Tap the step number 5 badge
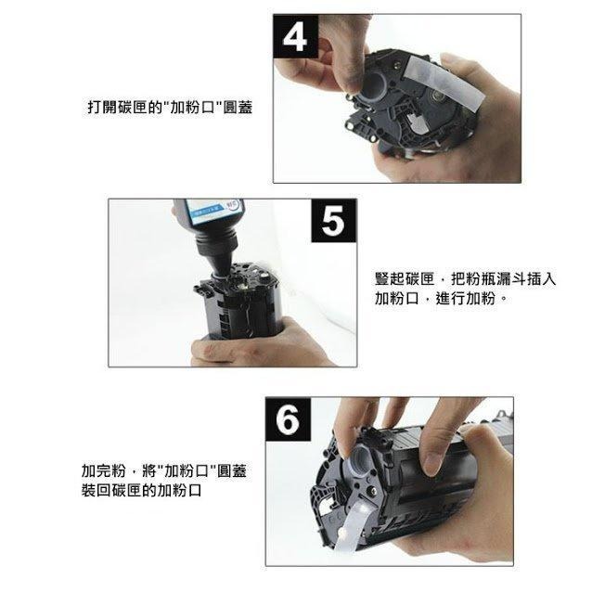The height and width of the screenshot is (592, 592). pyautogui.click(x=332, y=224)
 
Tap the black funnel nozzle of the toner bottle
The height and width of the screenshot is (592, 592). pyautogui.click(x=216, y=255)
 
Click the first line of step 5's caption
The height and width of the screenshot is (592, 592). pyautogui.click(x=465, y=279)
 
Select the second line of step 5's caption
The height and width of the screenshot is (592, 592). pyautogui.click(x=440, y=300)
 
